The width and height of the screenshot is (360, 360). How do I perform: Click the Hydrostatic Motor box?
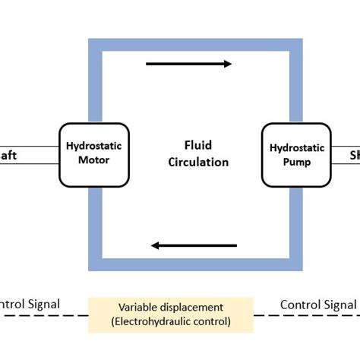(87, 153)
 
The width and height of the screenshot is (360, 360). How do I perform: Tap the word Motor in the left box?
(88, 160)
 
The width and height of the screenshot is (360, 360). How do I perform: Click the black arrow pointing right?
(189, 64)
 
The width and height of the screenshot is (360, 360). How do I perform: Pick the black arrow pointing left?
(194, 245)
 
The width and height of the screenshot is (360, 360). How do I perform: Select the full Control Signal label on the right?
(317, 305)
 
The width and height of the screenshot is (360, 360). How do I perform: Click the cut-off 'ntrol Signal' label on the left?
(26, 305)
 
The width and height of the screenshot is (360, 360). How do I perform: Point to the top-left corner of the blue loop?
(95, 44)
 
